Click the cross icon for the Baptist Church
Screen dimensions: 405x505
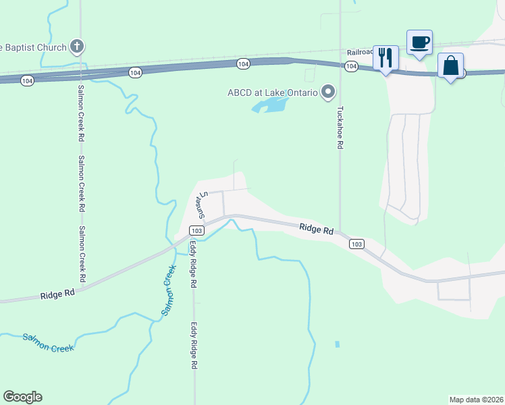77,47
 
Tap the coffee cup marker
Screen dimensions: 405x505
419,43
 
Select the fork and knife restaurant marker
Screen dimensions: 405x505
386,58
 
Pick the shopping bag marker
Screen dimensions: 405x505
450,66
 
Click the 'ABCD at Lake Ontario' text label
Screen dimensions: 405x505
272,92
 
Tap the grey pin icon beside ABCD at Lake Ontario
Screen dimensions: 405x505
329,92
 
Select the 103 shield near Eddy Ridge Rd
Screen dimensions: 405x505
196,230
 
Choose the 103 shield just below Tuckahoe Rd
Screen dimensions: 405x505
357,244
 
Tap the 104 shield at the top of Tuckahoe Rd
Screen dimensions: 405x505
350,66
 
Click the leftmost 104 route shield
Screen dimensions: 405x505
27,80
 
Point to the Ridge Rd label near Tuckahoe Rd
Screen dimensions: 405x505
317,230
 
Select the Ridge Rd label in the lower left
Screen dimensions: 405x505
57,294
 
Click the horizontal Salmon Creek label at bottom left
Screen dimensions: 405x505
47,342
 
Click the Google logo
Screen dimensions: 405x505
23,397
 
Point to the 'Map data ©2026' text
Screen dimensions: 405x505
476,400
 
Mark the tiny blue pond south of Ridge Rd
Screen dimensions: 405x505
336,344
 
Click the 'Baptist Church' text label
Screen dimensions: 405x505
34,47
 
